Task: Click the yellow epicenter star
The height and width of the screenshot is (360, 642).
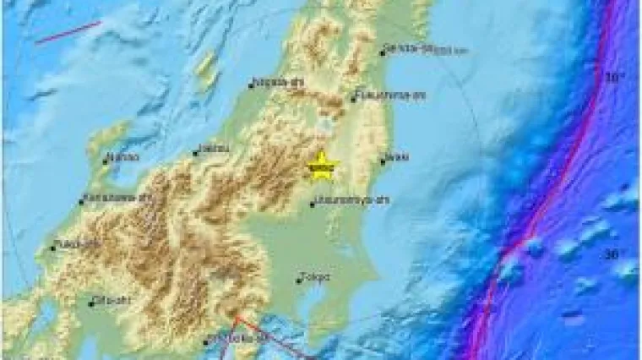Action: point(320,162)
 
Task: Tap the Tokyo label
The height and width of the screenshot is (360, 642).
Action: point(317,276)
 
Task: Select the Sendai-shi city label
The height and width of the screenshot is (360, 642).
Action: point(410,48)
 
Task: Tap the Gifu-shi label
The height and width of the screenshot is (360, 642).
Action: point(110,300)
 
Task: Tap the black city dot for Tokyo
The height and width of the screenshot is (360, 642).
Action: point(300,276)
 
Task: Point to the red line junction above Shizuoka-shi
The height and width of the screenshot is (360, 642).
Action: point(237,317)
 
